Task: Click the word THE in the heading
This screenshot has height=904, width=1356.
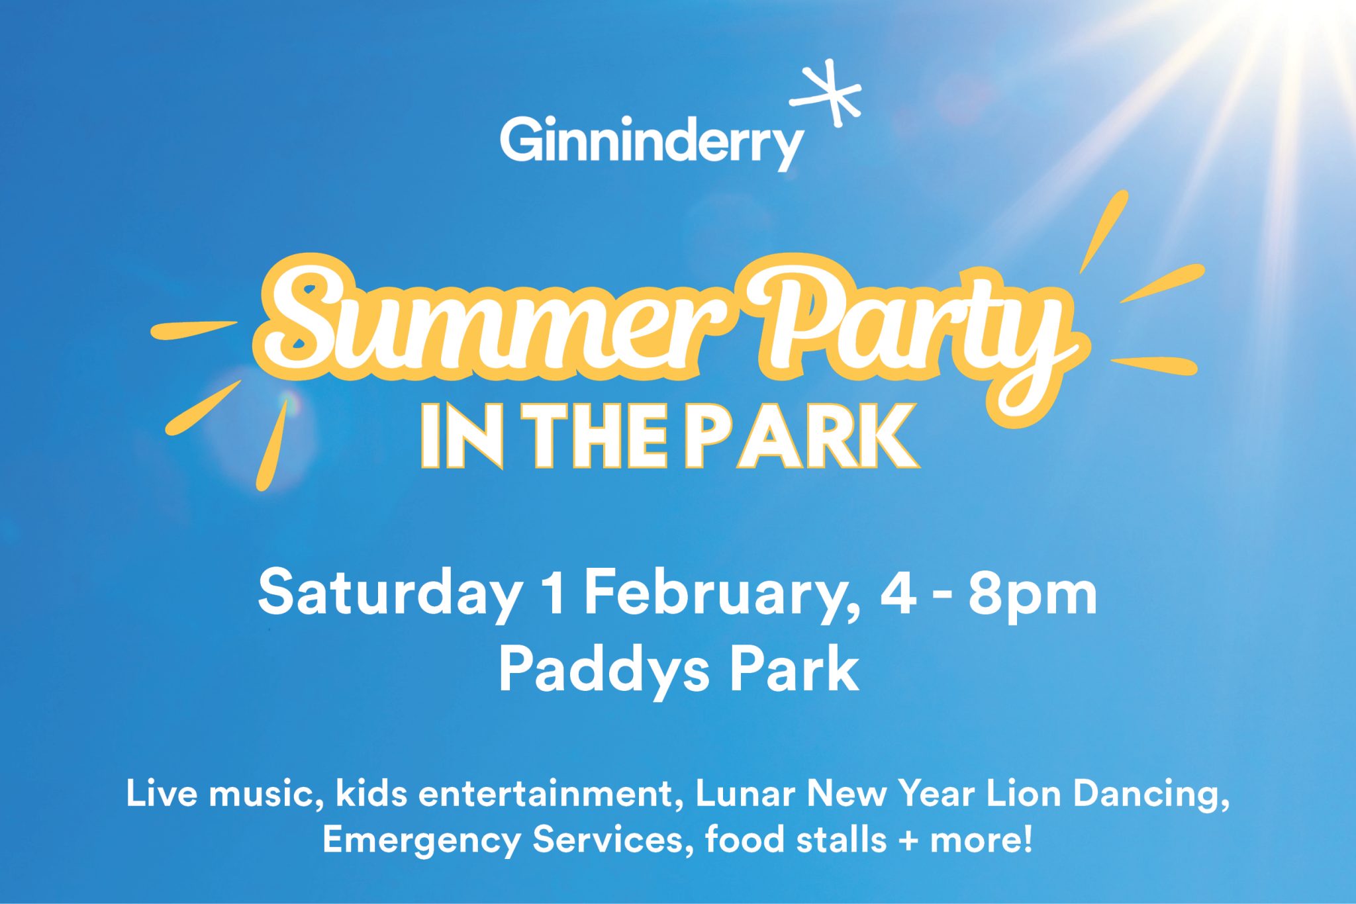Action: pyautogui.click(x=592, y=438)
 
